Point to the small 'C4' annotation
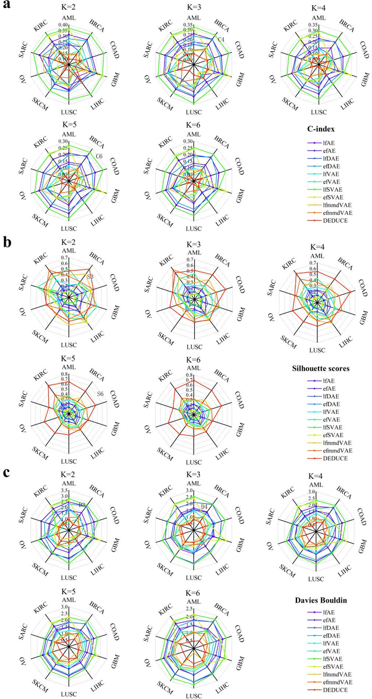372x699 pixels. tap(221, 39)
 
